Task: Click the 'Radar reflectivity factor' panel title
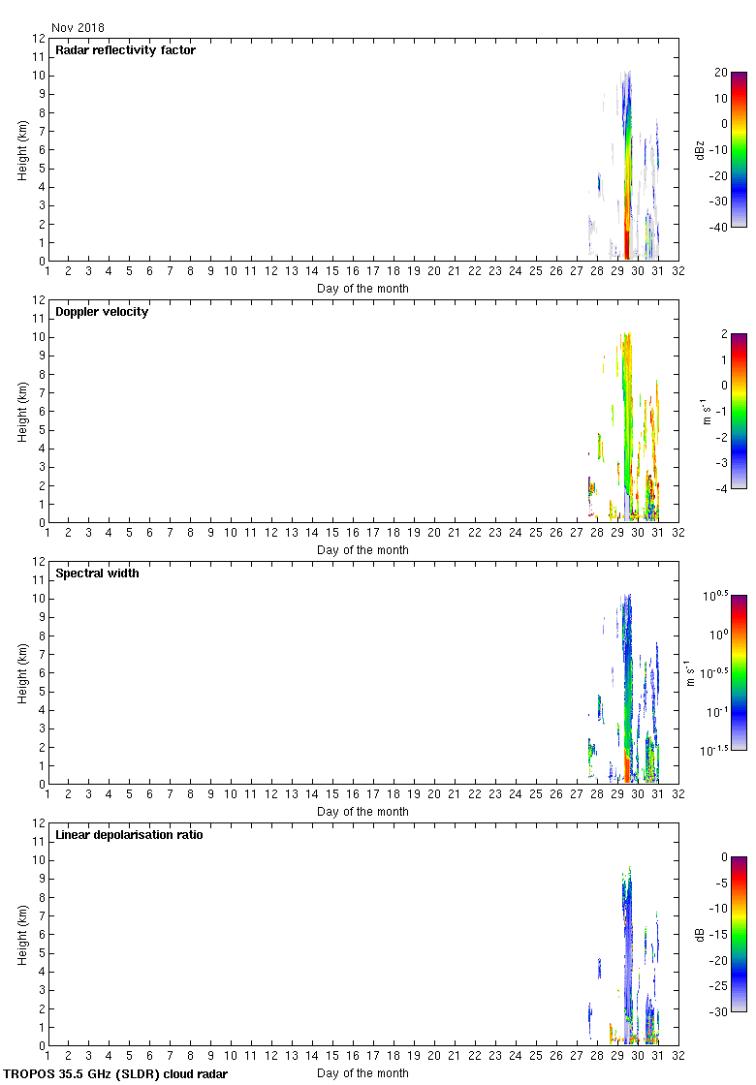125,50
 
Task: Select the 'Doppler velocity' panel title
102,312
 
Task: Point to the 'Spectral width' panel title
97,573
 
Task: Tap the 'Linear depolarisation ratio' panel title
129,835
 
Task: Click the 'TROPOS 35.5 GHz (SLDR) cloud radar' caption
116,1074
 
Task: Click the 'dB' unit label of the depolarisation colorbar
701,935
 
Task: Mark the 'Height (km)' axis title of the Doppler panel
22,412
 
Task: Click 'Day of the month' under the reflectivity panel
362,289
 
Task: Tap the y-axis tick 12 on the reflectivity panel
40,39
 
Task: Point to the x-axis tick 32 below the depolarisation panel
677,1057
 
